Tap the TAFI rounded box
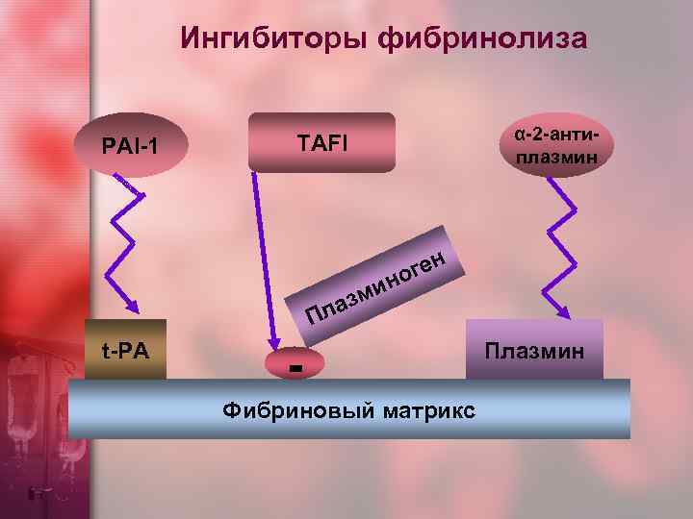pos(322,142)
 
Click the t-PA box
pos(126,350)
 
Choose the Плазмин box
pos(534,349)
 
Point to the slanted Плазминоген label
pos(375,284)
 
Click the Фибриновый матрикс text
pos(348,410)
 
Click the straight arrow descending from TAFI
pos(263,259)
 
